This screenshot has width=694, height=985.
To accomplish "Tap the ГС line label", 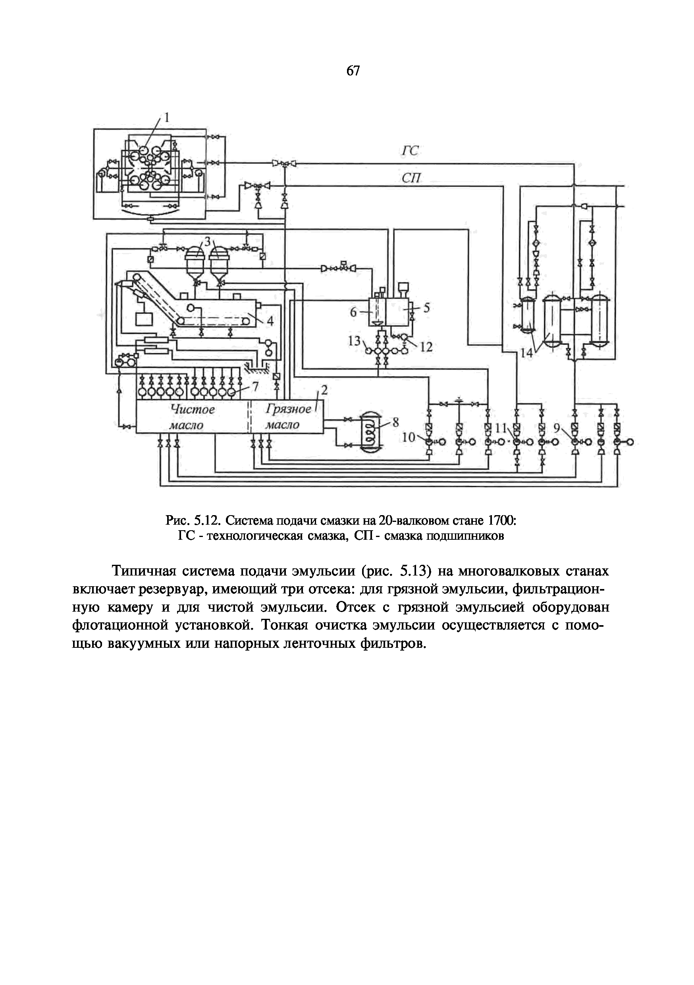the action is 410,151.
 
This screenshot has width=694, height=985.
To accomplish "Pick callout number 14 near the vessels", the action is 526,353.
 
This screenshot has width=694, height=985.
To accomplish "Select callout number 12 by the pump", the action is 426,347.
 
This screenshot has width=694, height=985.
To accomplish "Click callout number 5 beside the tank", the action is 426,308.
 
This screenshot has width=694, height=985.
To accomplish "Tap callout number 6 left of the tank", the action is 353,312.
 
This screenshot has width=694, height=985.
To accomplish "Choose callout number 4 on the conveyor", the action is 270,321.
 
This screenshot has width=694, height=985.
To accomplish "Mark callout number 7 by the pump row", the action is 256,387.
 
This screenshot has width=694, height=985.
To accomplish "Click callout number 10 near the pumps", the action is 409,437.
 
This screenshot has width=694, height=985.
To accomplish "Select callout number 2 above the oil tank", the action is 324,390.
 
